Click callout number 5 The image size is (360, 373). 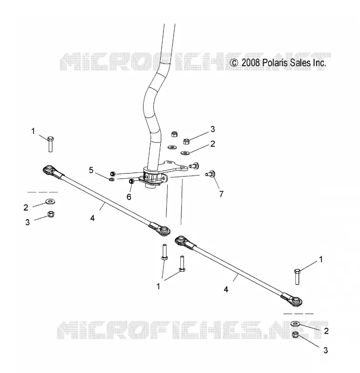pos(91,170)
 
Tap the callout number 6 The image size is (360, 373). pos(129,197)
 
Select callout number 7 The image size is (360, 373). pos(221,194)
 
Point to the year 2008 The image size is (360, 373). pos(251,63)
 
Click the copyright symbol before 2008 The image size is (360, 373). pos(234,63)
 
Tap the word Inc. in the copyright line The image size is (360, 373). pos(319,63)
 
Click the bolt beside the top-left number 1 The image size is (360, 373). pos(50,144)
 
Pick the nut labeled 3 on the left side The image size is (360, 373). pos(51,214)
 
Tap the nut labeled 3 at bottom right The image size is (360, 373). pos(296,335)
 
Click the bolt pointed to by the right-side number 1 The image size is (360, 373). pos(297,276)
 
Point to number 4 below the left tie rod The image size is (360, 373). pos(92,218)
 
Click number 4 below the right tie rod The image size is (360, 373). pos(226,290)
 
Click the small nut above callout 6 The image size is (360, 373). pos(131,181)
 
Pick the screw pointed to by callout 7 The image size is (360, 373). pos(211,173)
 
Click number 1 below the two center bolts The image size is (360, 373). pos(158,286)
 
